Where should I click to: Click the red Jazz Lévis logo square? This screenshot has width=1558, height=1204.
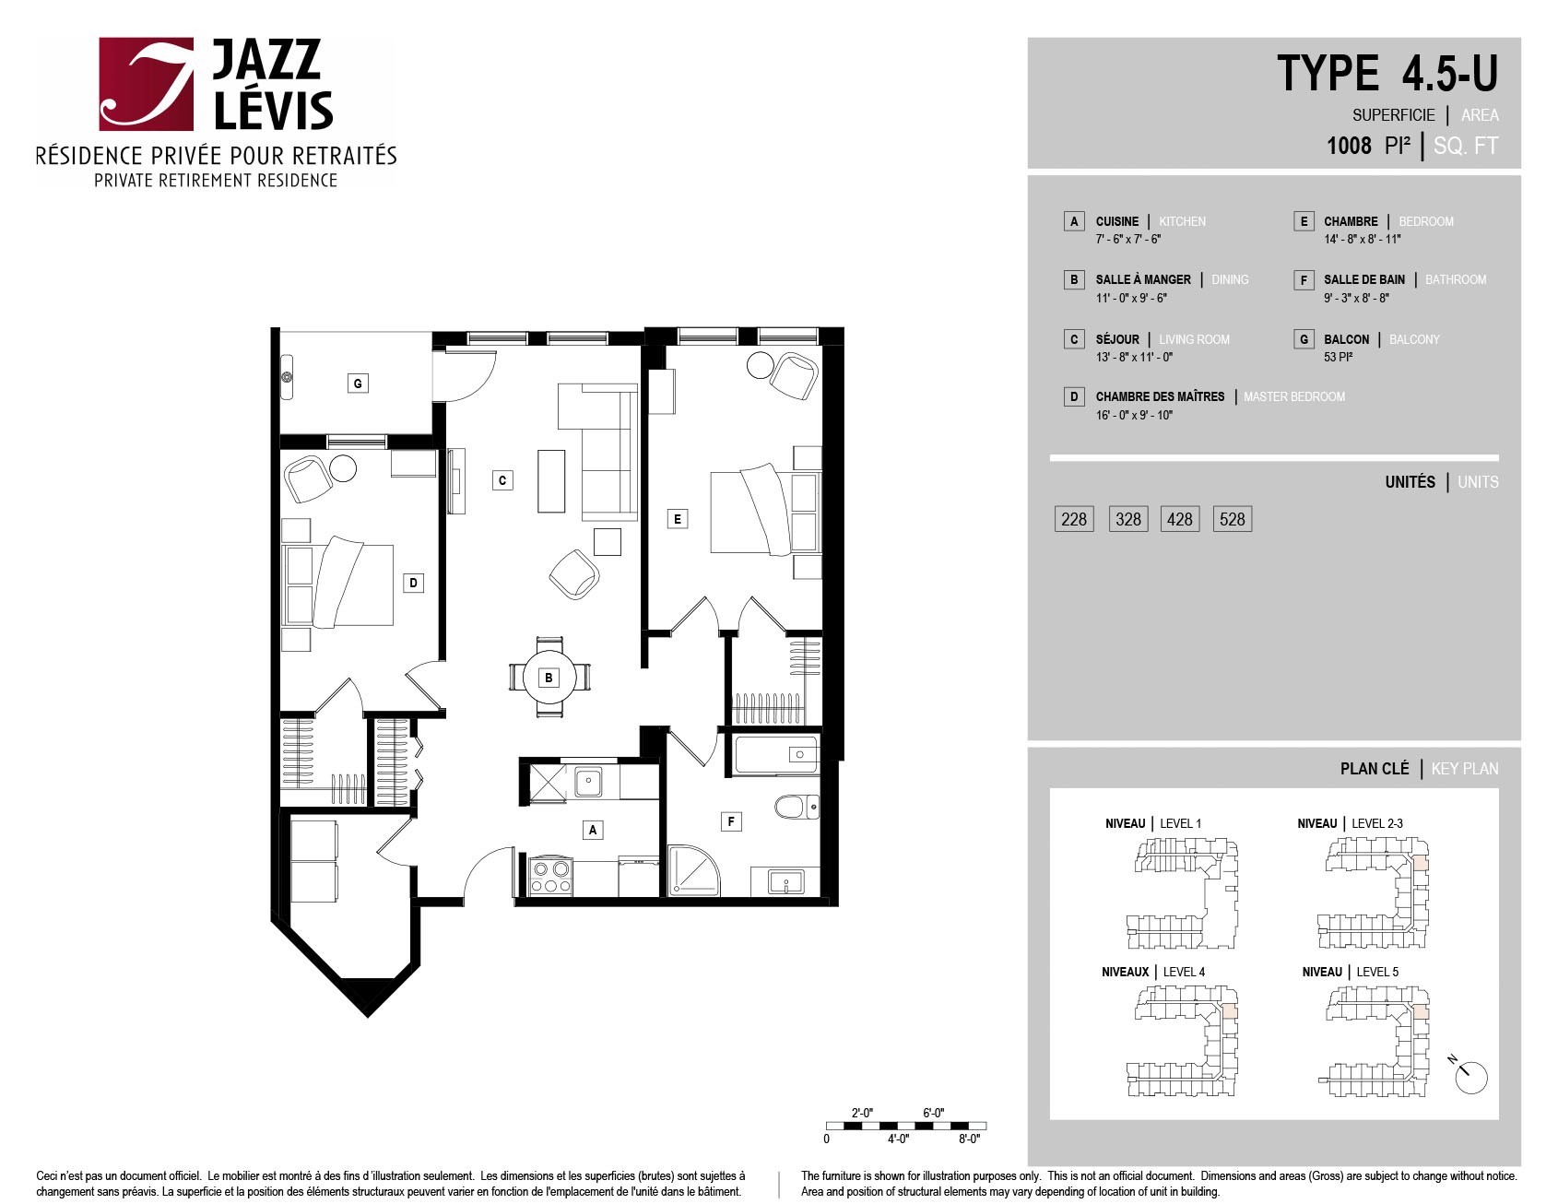(147, 84)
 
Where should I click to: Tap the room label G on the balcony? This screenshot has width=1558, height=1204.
(358, 383)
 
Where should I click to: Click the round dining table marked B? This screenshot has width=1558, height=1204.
(549, 678)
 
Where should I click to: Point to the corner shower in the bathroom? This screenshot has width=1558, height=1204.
(692, 869)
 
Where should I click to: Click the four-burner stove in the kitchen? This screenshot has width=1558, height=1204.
(550, 877)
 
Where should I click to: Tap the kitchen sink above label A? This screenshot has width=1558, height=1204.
(588, 783)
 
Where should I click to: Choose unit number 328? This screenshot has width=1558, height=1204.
(1128, 519)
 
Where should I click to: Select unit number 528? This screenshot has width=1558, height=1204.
(1232, 519)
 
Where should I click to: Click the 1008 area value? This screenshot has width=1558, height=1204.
(1349, 146)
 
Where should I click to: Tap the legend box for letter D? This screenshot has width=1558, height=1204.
(1073, 396)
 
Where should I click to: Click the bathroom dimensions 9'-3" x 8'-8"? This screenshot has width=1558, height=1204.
(1356, 298)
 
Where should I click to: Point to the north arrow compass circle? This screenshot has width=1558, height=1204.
(1471, 1078)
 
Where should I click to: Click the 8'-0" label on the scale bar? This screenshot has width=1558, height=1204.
(969, 1139)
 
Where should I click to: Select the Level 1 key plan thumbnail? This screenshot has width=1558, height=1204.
(1182, 893)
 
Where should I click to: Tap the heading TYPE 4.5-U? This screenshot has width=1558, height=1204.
(1387, 74)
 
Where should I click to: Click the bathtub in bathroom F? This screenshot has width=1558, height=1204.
(776, 754)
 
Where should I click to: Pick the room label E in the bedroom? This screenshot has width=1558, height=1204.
(678, 519)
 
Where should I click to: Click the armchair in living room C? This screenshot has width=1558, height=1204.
(574, 574)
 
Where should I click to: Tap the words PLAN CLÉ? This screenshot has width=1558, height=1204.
(1375, 769)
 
